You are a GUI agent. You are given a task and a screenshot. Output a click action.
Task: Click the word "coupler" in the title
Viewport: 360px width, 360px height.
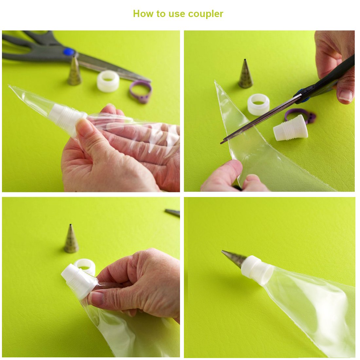206,14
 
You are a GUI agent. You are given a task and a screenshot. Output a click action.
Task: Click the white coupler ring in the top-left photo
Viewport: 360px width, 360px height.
108,81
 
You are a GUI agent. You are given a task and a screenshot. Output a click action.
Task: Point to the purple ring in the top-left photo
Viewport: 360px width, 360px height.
140,91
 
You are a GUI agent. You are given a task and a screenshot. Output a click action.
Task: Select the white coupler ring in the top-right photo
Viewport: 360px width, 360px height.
258,104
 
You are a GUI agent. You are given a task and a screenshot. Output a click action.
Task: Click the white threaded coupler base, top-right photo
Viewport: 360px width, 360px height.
291,128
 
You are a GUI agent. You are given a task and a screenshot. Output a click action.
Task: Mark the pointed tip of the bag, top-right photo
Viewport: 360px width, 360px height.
215,81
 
